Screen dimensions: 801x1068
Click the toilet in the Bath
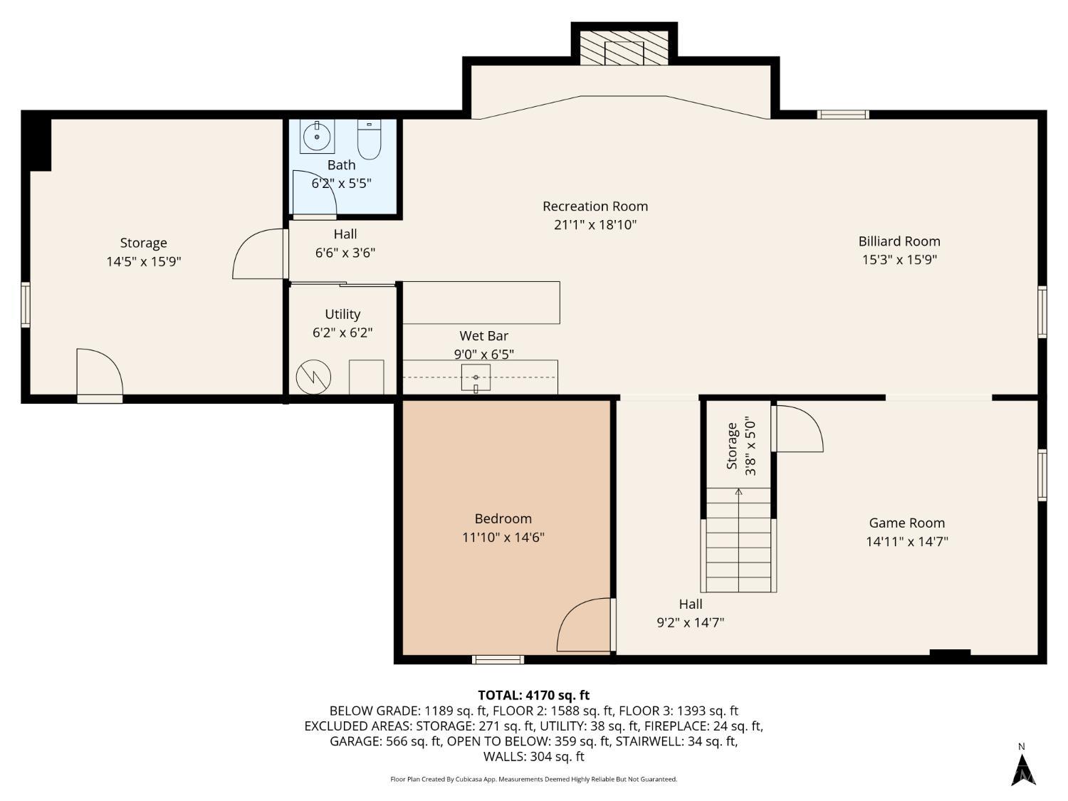[369, 140]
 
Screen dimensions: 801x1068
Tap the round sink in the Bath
[317, 136]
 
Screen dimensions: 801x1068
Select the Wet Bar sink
[476, 377]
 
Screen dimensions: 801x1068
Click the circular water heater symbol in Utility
[314, 377]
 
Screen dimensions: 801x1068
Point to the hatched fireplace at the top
[624, 48]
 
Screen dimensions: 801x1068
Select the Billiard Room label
[899, 241]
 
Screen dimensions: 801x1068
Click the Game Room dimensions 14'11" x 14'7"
[906, 542]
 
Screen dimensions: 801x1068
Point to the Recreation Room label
[595, 206]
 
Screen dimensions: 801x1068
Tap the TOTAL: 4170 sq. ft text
[533, 695]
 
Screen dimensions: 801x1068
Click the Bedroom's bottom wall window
[498, 660]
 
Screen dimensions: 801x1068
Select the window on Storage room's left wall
[26, 305]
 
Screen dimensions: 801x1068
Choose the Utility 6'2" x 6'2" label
[342, 323]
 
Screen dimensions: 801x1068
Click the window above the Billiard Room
[843, 114]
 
